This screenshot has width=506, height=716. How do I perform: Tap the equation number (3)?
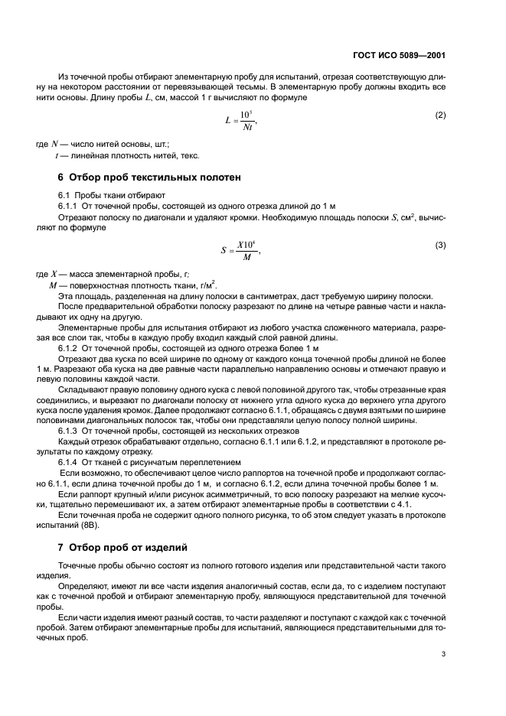click(440, 245)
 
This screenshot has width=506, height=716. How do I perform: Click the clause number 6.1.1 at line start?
click(70, 207)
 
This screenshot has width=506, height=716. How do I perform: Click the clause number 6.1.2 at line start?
click(70, 348)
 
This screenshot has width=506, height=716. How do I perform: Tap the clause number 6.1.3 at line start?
click(70, 431)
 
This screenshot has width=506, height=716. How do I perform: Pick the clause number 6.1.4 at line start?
click(70, 463)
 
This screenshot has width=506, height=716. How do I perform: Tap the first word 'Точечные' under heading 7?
click(78, 565)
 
